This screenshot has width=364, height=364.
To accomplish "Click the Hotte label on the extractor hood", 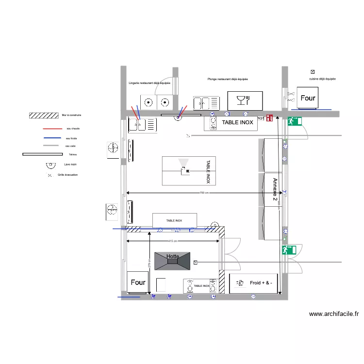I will [x=172, y=256].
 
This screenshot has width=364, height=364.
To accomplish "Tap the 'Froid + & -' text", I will [x=261, y=283].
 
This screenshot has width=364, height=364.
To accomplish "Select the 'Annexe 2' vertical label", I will [x=275, y=190].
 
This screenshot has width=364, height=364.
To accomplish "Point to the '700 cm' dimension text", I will [x=204, y=193].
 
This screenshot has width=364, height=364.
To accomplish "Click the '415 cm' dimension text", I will [x=172, y=241].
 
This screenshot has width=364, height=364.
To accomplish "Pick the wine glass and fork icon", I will [x=242, y=100].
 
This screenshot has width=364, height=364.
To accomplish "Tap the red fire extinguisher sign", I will [x=270, y=118].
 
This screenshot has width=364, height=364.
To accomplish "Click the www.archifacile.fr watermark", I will [x=334, y=314].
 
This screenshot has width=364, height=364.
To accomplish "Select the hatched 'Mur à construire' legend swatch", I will [x=44, y=116].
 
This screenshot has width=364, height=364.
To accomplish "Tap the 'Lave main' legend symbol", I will [x=49, y=165].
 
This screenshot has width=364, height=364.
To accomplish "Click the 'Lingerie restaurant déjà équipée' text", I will [x=149, y=83].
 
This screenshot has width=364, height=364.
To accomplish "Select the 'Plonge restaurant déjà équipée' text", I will [x=228, y=79].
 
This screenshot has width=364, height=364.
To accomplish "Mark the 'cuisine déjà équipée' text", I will [x=322, y=79].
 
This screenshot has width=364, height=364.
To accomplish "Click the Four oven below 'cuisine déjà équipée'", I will [x=308, y=98].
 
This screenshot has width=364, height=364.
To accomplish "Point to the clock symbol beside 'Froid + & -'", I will [x=239, y=283].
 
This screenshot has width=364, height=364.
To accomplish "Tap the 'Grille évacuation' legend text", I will [x=67, y=175].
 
